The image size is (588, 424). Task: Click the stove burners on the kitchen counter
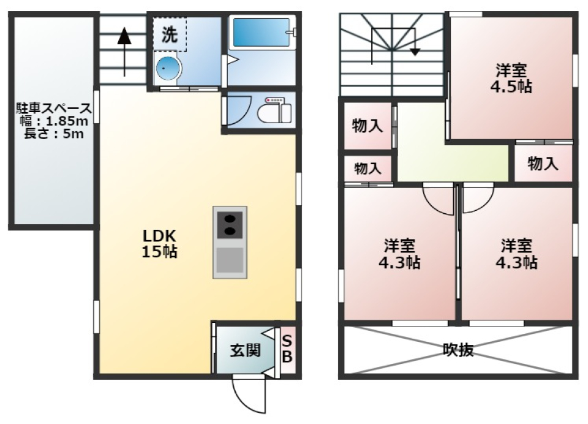click(x=230, y=224)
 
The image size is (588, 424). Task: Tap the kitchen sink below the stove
click(x=230, y=260)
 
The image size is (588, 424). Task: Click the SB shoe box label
click(x=288, y=347)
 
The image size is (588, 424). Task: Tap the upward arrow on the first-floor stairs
click(x=124, y=49)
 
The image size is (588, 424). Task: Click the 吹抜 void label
click(x=458, y=350)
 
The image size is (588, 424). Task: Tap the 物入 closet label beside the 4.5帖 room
click(x=543, y=164)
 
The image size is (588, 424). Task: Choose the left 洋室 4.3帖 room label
click(x=401, y=254)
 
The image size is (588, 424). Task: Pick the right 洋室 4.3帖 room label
click(x=518, y=254)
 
